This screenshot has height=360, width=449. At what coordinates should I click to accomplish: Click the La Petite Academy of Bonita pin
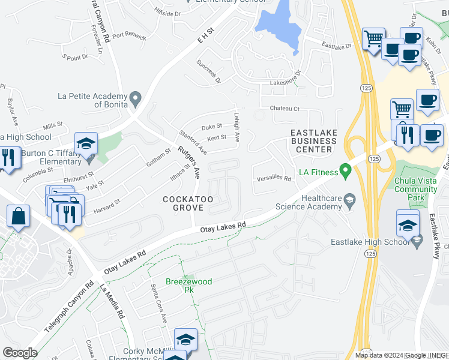pyautogui.click(x=136, y=97)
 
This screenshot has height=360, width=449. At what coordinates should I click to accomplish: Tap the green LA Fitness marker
pyautogui.click(x=345, y=172)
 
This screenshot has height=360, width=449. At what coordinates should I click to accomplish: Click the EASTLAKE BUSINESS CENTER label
pyautogui.click(x=313, y=140)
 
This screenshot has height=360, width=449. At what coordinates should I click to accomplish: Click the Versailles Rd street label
pyautogui.click(x=273, y=178)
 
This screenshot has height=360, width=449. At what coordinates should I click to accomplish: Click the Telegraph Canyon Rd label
pyautogui.click(x=69, y=307)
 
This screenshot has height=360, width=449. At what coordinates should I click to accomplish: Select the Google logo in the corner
pyautogui.click(x=20, y=352)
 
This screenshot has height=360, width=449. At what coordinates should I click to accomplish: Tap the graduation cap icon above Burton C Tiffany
pyautogui.click(x=86, y=143)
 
